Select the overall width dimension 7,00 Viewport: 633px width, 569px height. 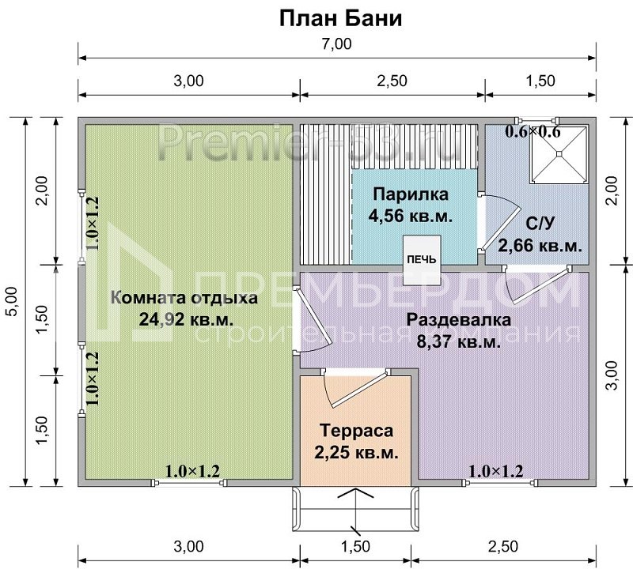click(337, 44)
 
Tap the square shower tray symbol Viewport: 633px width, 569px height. click(559, 156)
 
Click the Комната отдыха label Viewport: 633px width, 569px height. click(184, 299)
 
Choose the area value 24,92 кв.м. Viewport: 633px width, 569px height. click(184, 319)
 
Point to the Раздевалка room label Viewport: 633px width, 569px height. click(458, 321)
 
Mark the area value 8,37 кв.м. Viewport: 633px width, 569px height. click(458, 341)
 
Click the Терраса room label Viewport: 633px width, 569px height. click(356, 431)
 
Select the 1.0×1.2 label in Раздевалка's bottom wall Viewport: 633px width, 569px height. click(495, 472)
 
